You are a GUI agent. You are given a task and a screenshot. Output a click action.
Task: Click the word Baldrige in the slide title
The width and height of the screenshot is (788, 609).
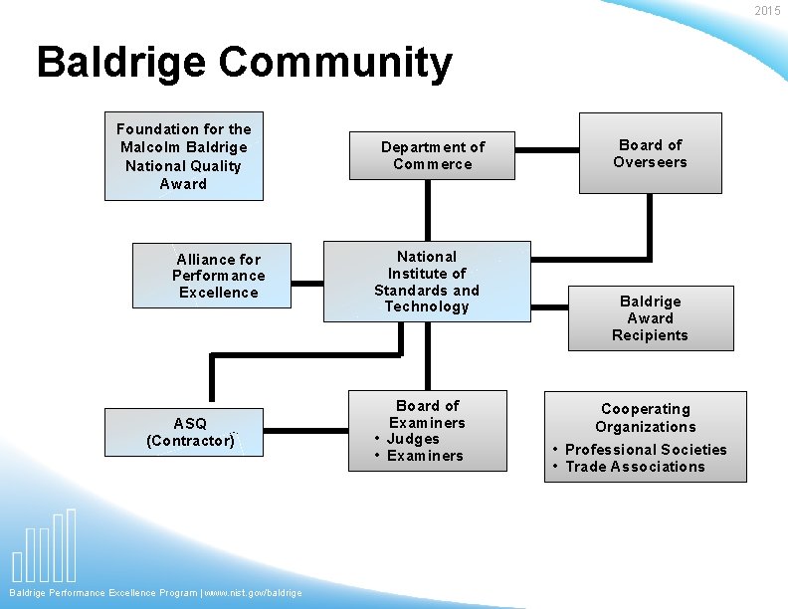click(121, 62)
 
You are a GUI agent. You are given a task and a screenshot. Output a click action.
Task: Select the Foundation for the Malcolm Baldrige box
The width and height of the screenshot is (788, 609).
click(184, 156)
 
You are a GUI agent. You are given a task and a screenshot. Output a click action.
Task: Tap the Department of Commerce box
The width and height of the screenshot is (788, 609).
click(433, 155)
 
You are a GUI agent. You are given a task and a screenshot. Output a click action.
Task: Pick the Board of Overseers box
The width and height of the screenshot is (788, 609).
click(650, 153)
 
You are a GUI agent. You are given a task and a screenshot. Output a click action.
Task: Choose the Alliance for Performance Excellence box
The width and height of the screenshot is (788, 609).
click(212, 276)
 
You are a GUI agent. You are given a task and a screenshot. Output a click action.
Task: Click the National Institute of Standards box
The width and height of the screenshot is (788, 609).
click(427, 282)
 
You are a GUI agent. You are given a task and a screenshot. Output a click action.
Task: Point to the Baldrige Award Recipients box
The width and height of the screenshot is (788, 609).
click(650, 318)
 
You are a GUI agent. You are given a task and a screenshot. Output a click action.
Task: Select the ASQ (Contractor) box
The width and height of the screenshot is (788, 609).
click(190, 432)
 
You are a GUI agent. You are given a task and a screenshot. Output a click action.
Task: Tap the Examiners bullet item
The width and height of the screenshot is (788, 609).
click(425, 456)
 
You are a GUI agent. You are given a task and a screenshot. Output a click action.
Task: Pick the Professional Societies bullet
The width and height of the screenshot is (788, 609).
click(646, 450)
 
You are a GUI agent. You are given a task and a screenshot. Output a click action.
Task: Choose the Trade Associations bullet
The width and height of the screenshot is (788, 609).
click(635, 467)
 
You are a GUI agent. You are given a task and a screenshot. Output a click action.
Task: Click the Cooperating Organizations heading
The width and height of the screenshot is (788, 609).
click(646, 418)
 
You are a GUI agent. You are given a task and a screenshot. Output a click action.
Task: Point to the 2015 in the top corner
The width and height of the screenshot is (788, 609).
click(767, 11)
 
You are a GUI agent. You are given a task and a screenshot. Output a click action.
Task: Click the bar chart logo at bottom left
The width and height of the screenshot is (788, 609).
click(44, 547)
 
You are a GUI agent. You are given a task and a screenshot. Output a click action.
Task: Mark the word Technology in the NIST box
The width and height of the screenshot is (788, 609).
click(427, 306)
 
